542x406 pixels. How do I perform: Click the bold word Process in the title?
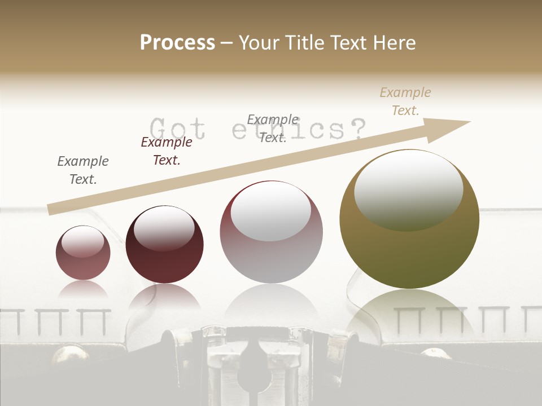[x=177, y=43]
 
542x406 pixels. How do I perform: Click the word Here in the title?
[x=394, y=43]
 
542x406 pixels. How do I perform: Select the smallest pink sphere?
[x=83, y=253]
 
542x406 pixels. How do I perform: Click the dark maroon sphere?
[x=164, y=245]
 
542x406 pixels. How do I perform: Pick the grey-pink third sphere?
[x=272, y=232]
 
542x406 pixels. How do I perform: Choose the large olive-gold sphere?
[x=409, y=220]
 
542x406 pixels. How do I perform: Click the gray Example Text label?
[x=83, y=170]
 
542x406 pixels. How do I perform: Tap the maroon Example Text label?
[x=167, y=151]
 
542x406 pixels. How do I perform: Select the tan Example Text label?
[x=405, y=101]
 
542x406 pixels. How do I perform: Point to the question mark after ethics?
[x=355, y=129]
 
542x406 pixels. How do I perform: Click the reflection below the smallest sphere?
[x=83, y=290]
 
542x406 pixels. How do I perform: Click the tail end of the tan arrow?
[x=52, y=209]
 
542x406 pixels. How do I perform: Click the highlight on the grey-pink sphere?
[x=271, y=211]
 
